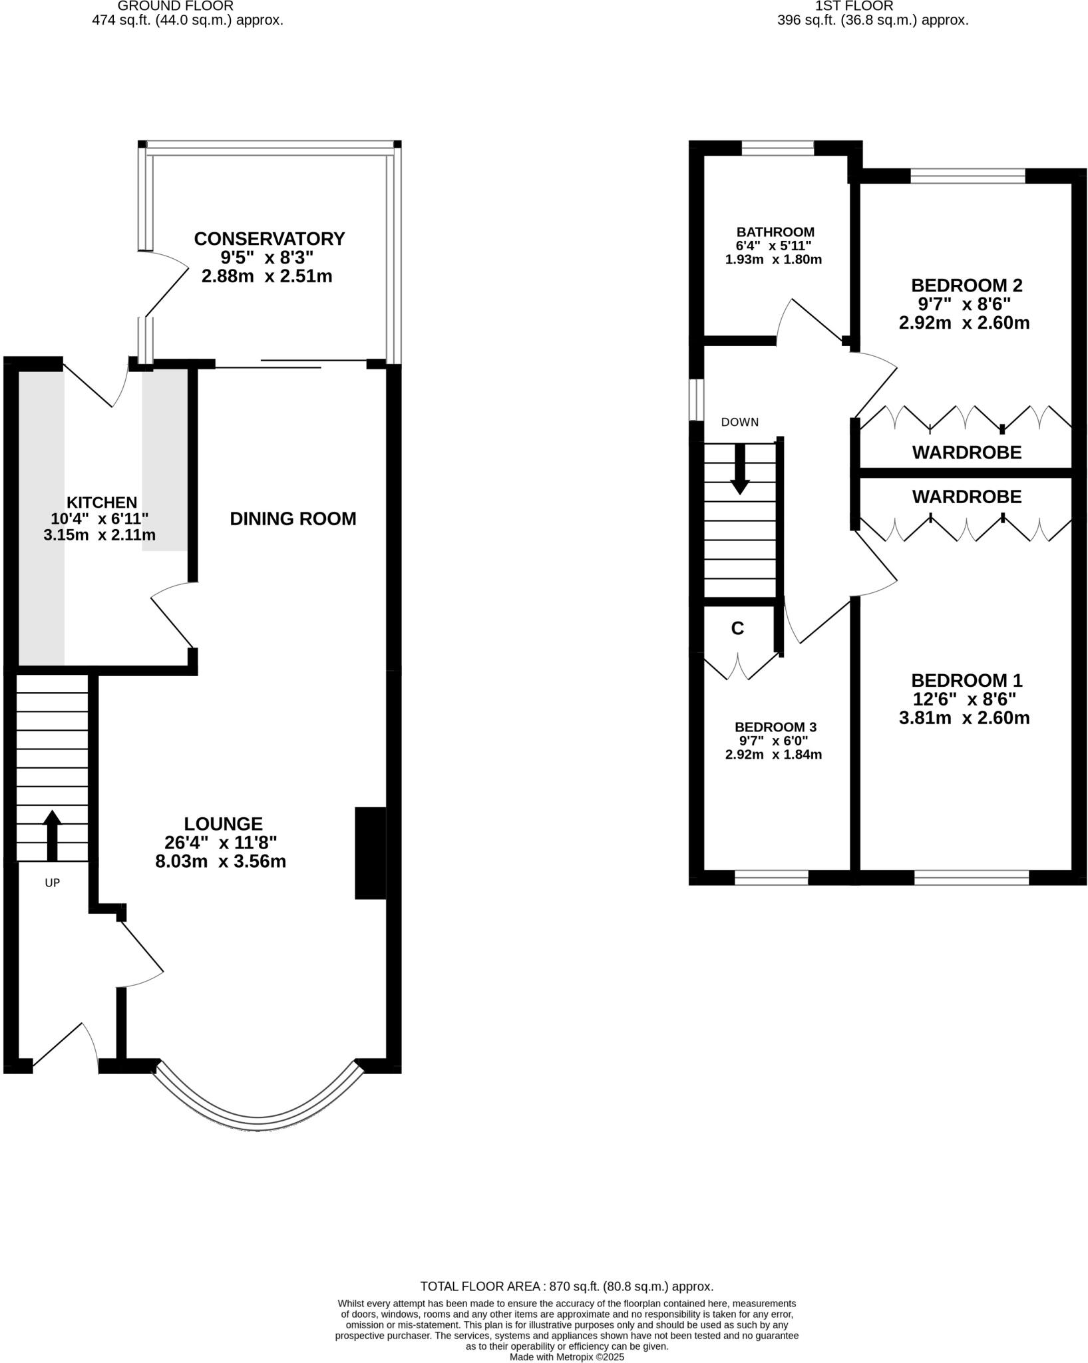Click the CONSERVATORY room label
[x=269, y=238]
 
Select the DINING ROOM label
[x=293, y=518]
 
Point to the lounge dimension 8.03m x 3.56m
[x=220, y=861]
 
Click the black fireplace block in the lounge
[x=370, y=853]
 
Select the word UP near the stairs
[x=52, y=883]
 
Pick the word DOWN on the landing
[x=739, y=422]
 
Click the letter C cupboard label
[x=737, y=628]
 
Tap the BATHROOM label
[x=775, y=232]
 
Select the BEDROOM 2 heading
[x=966, y=286]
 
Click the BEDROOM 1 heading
[x=966, y=680]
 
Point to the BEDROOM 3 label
[x=775, y=727]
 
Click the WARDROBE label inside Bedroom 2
[x=966, y=453]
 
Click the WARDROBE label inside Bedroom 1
[x=966, y=496]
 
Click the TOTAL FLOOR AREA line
[x=566, y=1286]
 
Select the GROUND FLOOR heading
[x=176, y=6]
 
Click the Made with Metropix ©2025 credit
[x=566, y=1357]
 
